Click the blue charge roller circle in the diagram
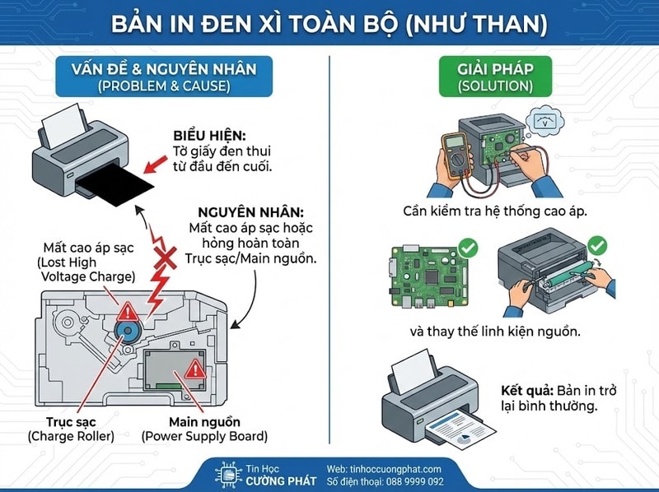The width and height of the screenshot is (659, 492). pyautogui.click(x=128, y=330)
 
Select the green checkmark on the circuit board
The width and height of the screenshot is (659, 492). pyautogui.click(x=467, y=248)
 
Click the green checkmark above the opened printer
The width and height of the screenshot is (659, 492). pyautogui.click(x=598, y=244)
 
